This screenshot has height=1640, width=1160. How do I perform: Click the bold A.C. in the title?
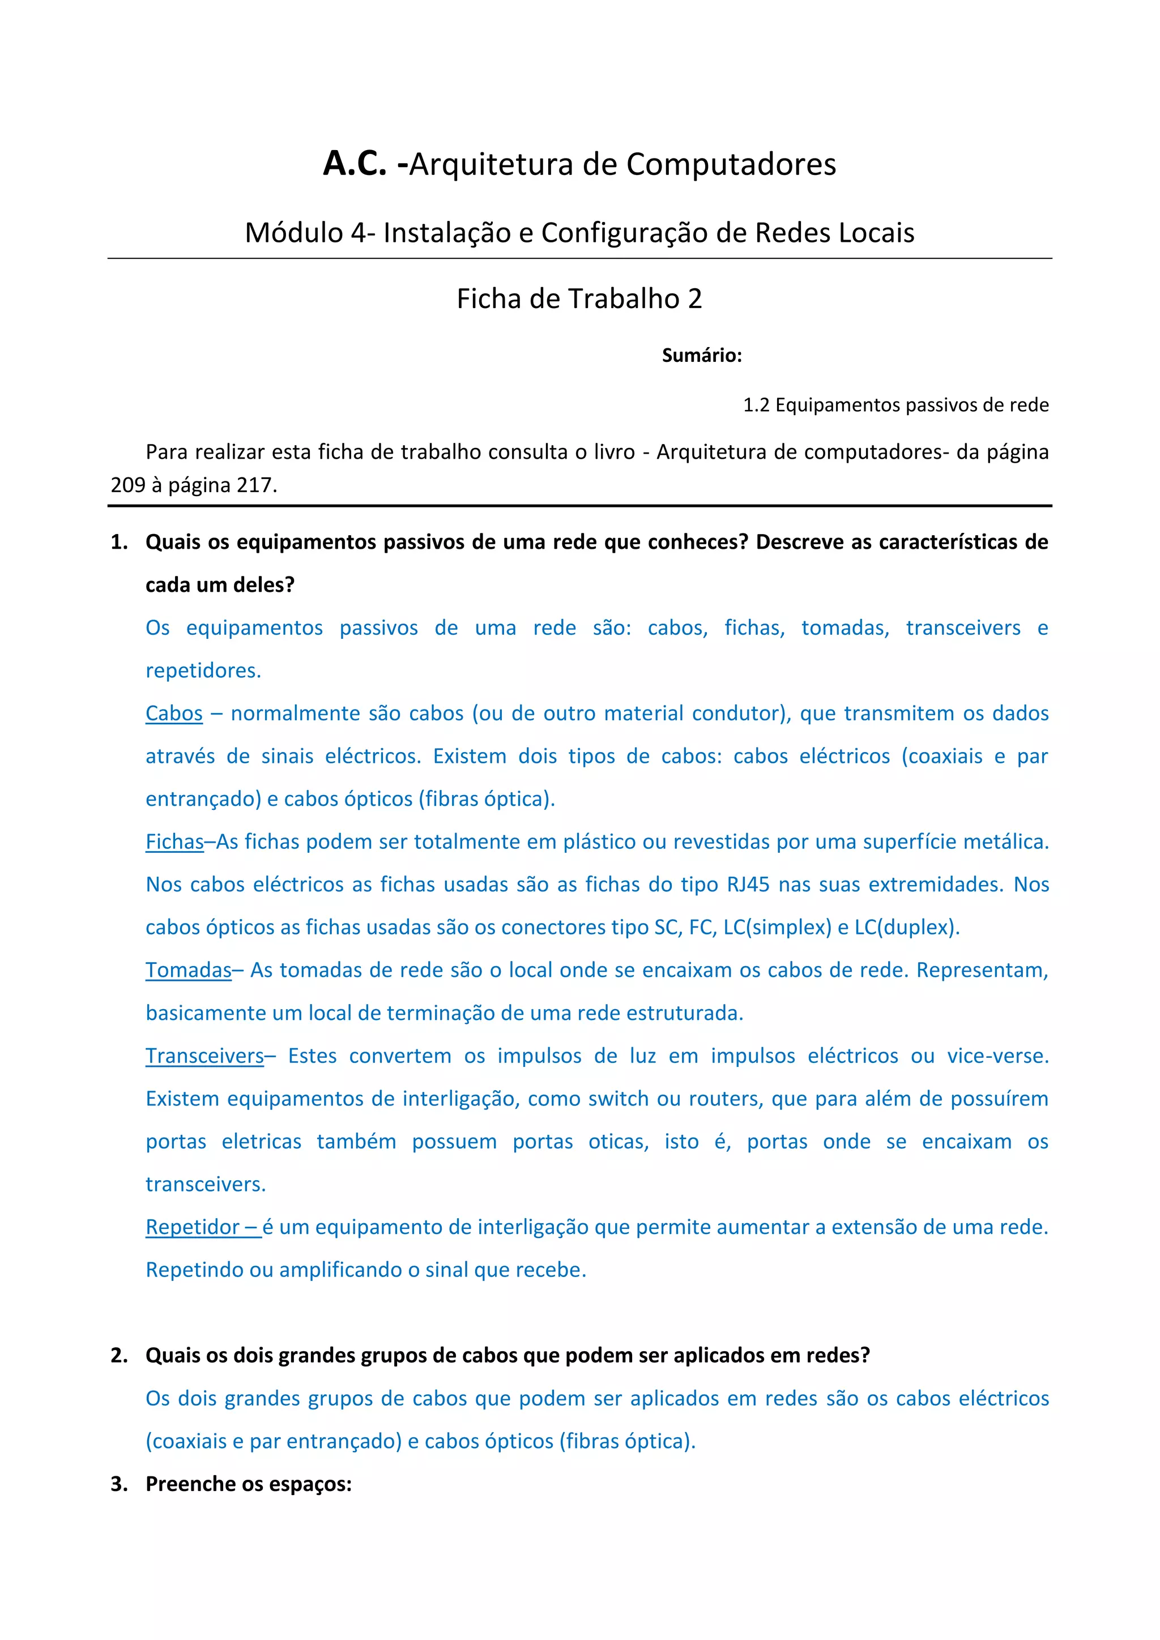(354, 164)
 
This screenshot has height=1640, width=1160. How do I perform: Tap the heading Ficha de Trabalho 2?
(579, 298)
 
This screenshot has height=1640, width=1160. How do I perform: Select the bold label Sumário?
(701, 355)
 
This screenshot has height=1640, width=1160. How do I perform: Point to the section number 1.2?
(756, 405)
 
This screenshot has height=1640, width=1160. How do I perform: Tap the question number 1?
(118, 542)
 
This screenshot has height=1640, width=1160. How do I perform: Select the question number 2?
(118, 1355)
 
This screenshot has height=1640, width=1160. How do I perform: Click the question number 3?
(118, 1484)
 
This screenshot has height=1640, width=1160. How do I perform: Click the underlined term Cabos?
(173, 713)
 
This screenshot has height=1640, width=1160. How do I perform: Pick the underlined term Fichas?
(174, 842)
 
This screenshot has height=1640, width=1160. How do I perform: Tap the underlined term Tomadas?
(189, 970)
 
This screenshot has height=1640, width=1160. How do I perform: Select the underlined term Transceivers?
(204, 1056)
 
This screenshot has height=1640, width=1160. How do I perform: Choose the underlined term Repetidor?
(192, 1227)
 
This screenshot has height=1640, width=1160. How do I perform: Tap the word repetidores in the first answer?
(203, 670)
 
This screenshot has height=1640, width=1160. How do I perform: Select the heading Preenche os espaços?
(249, 1484)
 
